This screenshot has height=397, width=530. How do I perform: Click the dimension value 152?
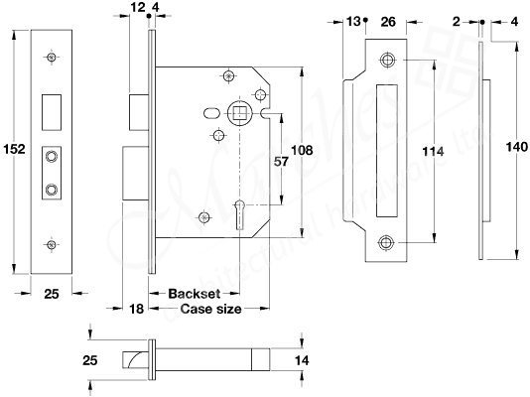[x=14, y=149]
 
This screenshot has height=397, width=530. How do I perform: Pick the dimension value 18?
[x=136, y=311]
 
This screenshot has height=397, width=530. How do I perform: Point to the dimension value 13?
[x=354, y=20]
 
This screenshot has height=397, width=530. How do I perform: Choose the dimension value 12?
[x=137, y=8]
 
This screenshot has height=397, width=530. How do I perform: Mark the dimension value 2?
[x=467, y=20]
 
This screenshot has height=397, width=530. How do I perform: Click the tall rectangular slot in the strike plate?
[x=385, y=151]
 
